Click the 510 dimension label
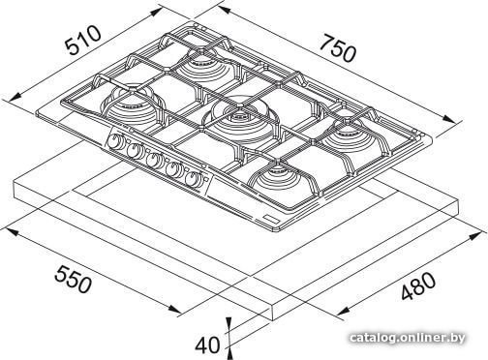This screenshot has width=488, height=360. point(83,40)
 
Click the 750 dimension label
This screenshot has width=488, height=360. point(339,48)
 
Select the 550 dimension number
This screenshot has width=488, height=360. point(73,279)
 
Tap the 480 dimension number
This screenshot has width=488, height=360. point(418,285)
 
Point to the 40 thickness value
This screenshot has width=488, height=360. point(207,345)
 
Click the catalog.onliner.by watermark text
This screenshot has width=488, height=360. point(408,338)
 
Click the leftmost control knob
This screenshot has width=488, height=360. point(113,142)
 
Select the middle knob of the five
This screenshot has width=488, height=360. point(153,160)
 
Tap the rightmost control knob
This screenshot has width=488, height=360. point(193,178)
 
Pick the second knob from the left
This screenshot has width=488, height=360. point(134,151)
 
